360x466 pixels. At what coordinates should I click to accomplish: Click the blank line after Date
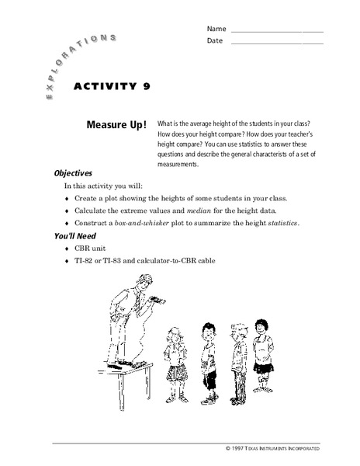pos(277,41)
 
